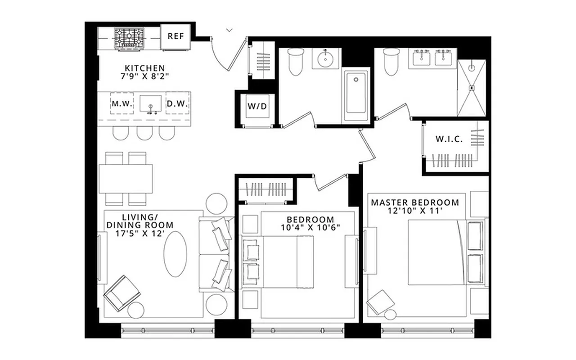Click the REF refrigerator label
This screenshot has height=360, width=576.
[x=175, y=36]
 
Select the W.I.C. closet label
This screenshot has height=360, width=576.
[x=449, y=139]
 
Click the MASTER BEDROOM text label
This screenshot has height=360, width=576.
[x=415, y=202]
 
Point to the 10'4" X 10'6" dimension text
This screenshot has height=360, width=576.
[x=310, y=228]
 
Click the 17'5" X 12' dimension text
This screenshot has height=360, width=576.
[x=139, y=234]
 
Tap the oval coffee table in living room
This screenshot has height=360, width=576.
[x=175, y=254]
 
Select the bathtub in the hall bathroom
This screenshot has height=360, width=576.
[x=356, y=95]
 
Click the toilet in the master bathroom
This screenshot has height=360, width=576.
[x=391, y=62]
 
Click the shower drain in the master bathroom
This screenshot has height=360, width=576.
[x=472, y=88]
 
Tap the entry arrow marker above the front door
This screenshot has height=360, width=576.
[x=229, y=30]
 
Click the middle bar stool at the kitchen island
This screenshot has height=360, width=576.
[x=144, y=133]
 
